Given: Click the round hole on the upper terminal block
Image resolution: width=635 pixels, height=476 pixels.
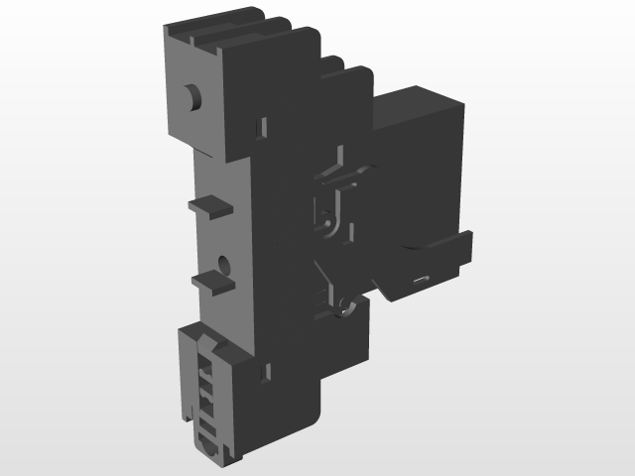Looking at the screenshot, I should (x=193, y=97).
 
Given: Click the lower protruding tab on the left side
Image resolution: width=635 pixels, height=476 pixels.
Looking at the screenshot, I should (x=213, y=281).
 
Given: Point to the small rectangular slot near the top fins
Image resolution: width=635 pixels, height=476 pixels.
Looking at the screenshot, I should (x=264, y=126).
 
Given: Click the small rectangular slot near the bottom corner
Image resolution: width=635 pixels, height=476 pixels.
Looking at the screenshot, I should (x=265, y=374).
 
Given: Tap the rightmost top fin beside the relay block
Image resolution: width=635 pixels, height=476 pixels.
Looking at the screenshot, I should (x=361, y=79).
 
